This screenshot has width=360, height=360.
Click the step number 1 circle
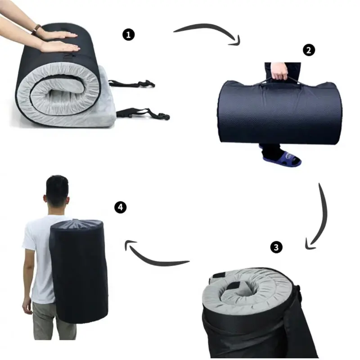click(128, 35)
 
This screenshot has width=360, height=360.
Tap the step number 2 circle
click(309, 50)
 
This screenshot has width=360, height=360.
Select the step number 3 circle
click(276, 247)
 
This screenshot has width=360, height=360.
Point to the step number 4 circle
click(120, 207)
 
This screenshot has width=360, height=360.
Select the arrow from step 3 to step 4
click(152, 260)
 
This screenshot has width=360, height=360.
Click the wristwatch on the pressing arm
click(36, 30)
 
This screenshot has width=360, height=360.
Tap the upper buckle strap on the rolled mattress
click(132, 83)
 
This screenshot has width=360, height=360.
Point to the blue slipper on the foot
click(282, 158)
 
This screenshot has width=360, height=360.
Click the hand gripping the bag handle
click(279, 71)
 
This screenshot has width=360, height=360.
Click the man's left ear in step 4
click(44, 198)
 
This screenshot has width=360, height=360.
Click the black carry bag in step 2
click(279, 112)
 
